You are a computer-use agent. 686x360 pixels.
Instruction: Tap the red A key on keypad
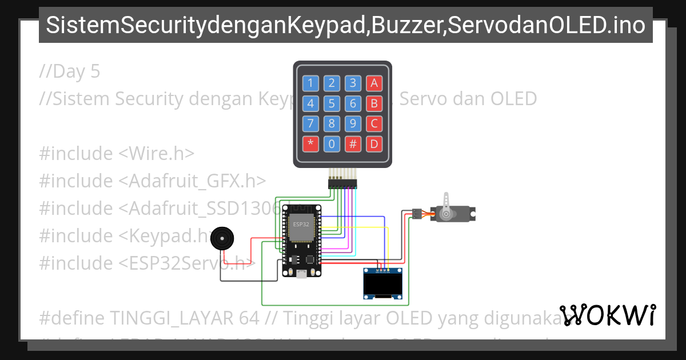tap(374, 83)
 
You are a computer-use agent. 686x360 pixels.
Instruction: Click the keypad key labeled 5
tap(332, 103)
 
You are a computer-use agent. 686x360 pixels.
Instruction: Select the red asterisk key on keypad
tap(310, 144)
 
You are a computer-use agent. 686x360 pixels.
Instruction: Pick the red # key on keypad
tap(353, 144)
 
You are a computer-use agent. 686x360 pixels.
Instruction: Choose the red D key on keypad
tap(374, 144)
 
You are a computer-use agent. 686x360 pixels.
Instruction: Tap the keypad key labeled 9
tap(353, 123)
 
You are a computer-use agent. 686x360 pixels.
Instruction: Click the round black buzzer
tap(222, 239)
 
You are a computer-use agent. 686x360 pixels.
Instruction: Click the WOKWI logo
tap(608, 315)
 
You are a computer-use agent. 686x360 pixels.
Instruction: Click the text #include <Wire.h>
tap(117, 154)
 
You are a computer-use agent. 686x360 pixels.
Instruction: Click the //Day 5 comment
tap(70, 71)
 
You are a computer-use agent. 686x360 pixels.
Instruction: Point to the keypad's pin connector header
tap(342, 183)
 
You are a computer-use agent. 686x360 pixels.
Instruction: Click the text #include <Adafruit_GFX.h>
tap(153, 181)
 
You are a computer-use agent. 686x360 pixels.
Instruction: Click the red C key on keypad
tap(374, 123)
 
